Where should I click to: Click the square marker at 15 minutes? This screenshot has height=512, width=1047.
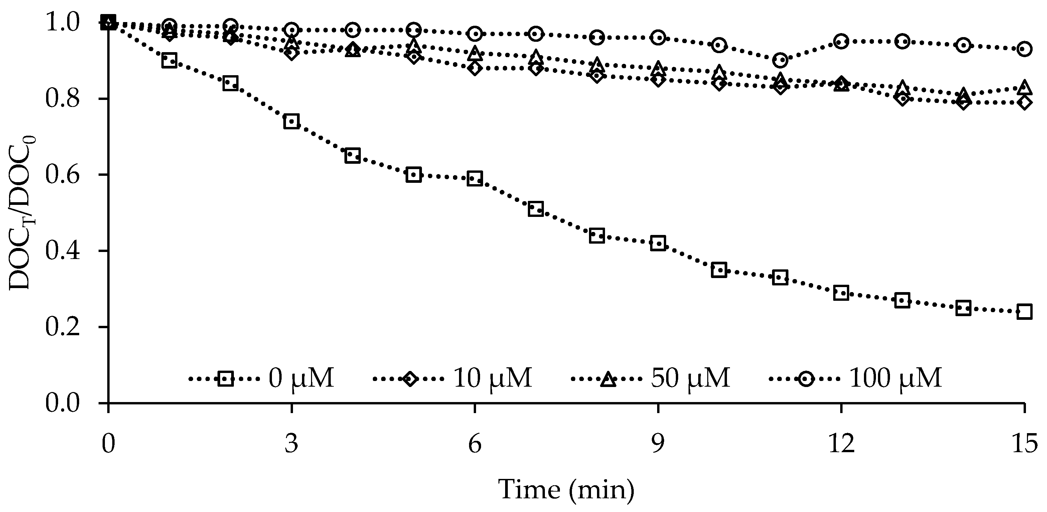tap(1025, 312)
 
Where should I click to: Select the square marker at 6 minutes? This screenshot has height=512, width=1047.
tap(475, 178)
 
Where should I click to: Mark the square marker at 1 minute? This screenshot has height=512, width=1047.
tap(169, 61)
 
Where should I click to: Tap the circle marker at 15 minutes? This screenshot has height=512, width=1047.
tap(1025, 49)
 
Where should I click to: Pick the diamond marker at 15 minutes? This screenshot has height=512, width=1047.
tap(1025, 102)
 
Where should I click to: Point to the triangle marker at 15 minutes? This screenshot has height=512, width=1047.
tap(1025, 87)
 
